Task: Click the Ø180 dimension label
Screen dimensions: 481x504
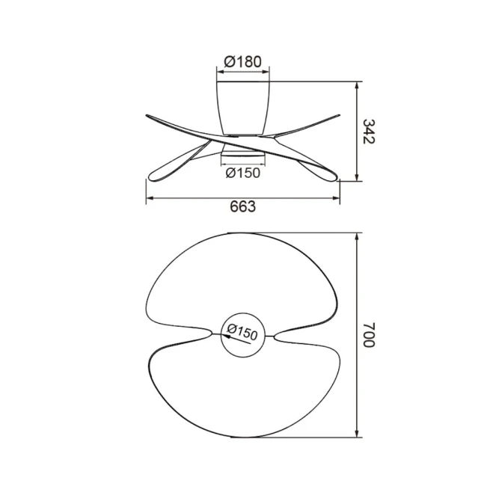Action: (x=243, y=61)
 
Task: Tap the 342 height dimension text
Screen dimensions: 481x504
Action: (x=369, y=132)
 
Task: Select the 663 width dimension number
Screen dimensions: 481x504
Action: (x=243, y=206)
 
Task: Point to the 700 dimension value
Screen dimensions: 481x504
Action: (x=369, y=334)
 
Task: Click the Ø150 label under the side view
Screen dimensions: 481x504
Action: (x=243, y=173)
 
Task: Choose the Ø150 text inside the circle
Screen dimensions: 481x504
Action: (x=242, y=332)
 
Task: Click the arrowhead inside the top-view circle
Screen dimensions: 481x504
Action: (x=227, y=336)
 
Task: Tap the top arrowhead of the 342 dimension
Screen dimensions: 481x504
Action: (x=357, y=87)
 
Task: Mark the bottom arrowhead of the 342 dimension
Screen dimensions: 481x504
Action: (x=357, y=176)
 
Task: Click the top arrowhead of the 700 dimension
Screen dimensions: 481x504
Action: (x=357, y=239)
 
